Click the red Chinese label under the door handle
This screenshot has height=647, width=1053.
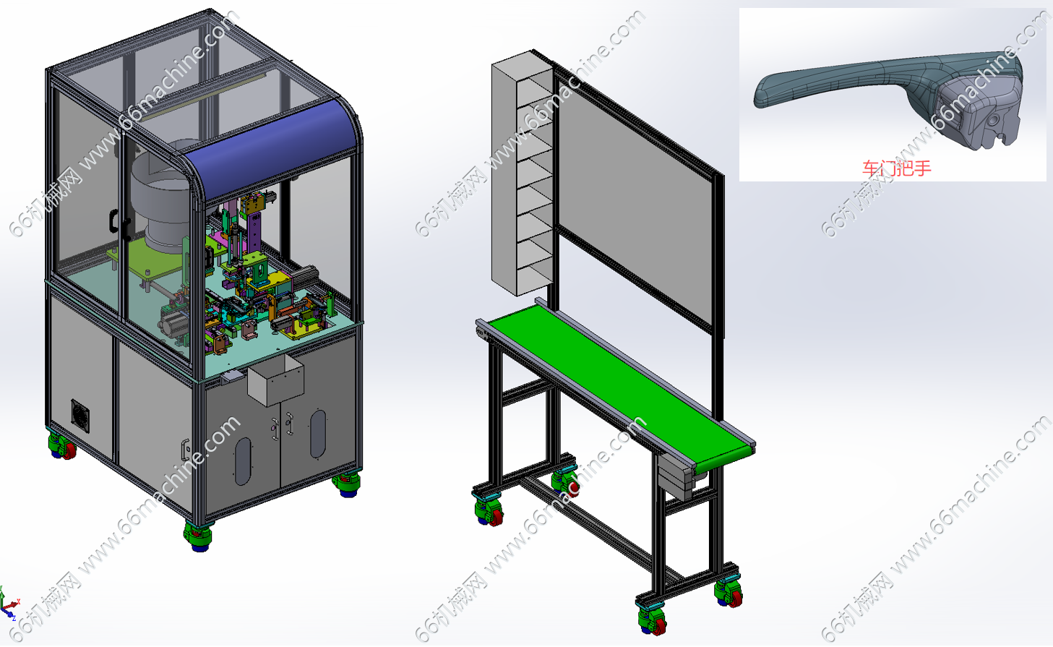click(896, 168)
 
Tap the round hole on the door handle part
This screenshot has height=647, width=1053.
click(993, 121)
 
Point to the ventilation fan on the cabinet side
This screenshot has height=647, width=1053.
click(80, 416)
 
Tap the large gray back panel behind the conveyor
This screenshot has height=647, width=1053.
click(635, 197)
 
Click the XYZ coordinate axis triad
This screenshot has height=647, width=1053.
click(9, 605)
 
